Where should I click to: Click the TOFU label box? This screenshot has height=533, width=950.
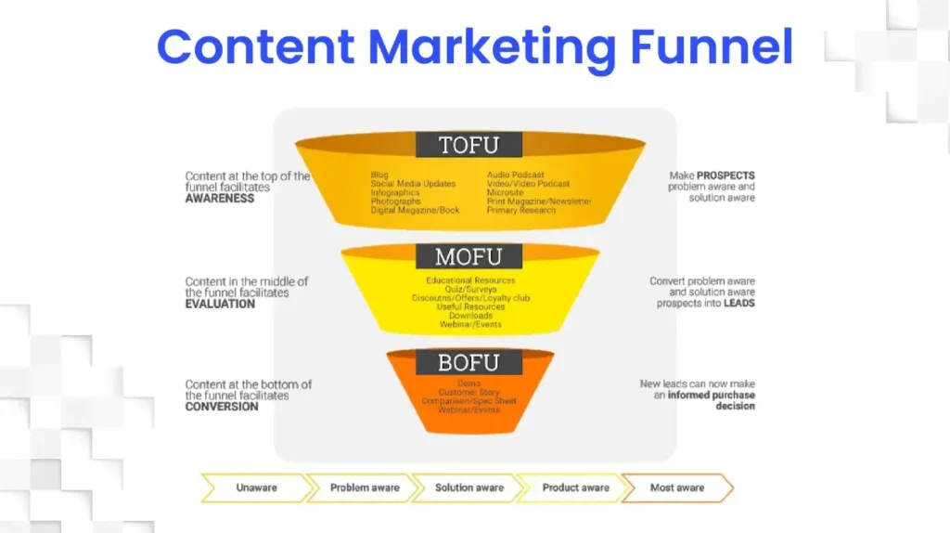pyautogui.click(x=469, y=145)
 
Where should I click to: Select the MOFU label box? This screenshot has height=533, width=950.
pyautogui.click(x=469, y=255)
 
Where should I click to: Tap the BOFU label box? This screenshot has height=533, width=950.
pyautogui.click(x=469, y=362)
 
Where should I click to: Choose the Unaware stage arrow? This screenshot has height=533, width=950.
pyautogui.click(x=256, y=487)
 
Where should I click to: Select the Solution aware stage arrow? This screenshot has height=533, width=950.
pyautogui.click(x=469, y=487)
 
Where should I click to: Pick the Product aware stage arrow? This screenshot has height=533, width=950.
pyautogui.click(x=575, y=487)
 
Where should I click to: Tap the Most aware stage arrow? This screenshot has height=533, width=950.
pyautogui.click(x=677, y=487)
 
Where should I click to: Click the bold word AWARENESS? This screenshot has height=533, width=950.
pyautogui.click(x=220, y=198)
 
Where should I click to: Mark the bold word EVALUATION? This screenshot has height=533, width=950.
pyautogui.click(x=220, y=304)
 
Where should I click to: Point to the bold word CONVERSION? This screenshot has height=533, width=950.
pyautogui.click(x=222, y=407)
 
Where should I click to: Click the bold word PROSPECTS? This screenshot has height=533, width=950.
pyautogui.click(x=725, y=175)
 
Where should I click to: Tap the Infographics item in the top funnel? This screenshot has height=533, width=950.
pyautogui.click(x=395, y=193)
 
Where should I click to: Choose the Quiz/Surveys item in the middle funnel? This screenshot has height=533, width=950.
pyautogui.click(x=470, y=289)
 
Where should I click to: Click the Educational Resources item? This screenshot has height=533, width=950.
pyautogui.click(x=470, y=280)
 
